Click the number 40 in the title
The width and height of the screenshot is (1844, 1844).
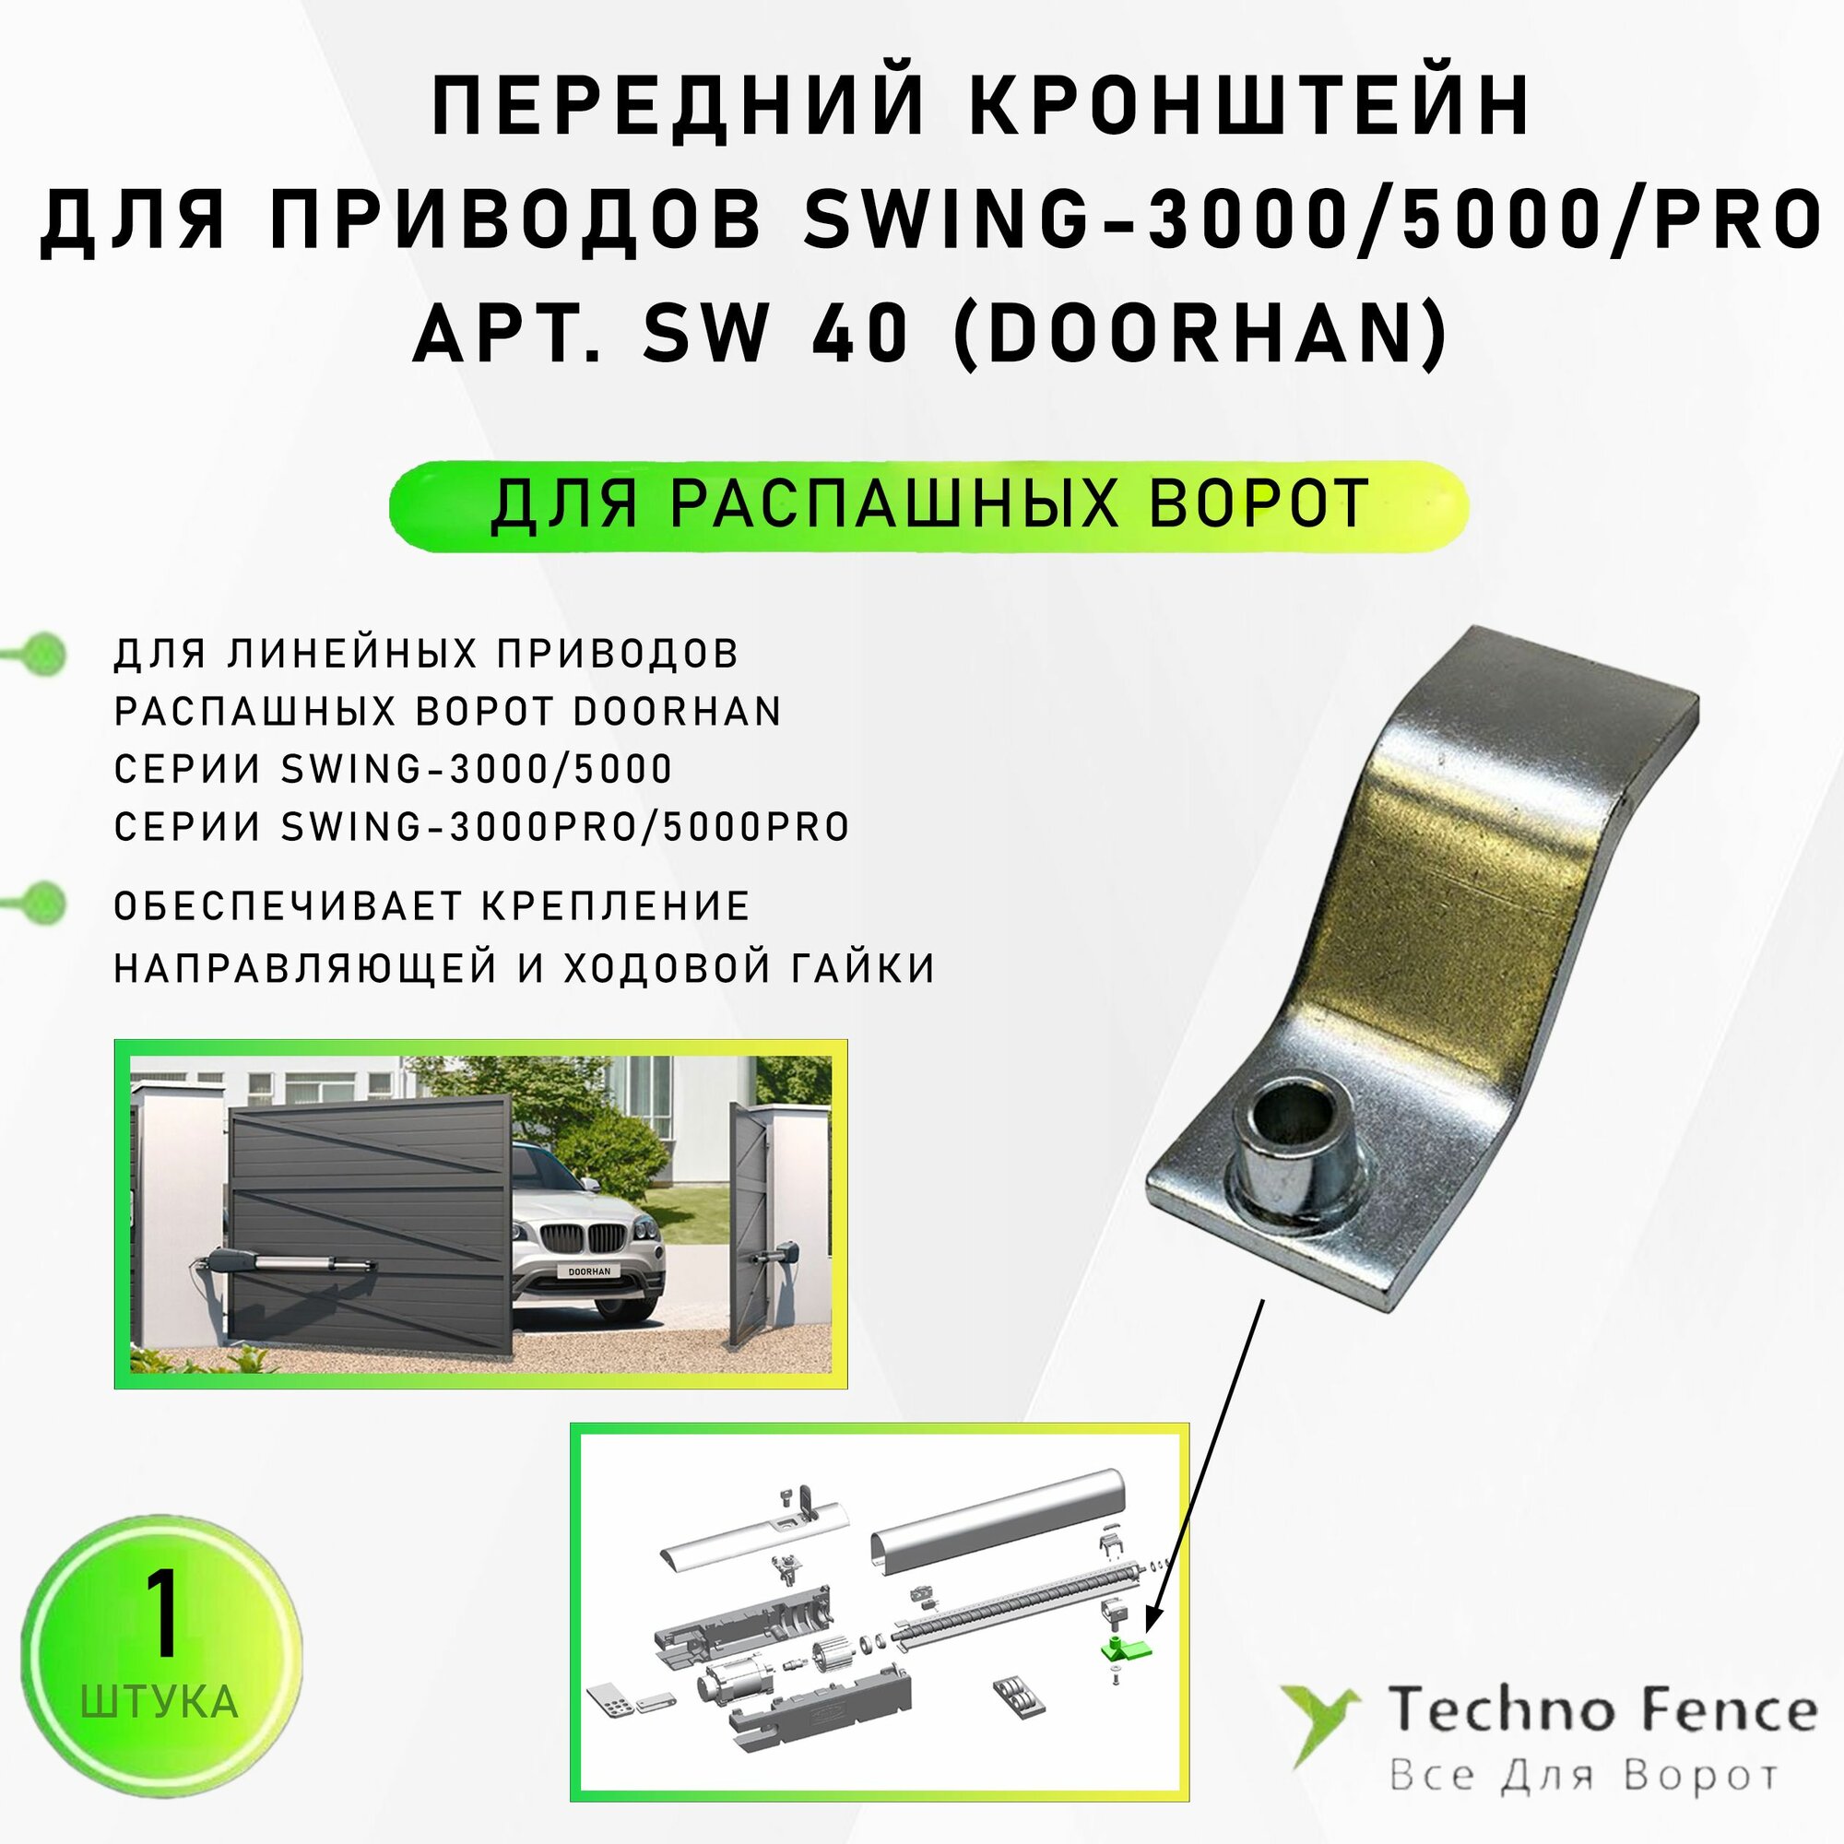pos(859,334)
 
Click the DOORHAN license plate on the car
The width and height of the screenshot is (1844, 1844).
pos(589,1272)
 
